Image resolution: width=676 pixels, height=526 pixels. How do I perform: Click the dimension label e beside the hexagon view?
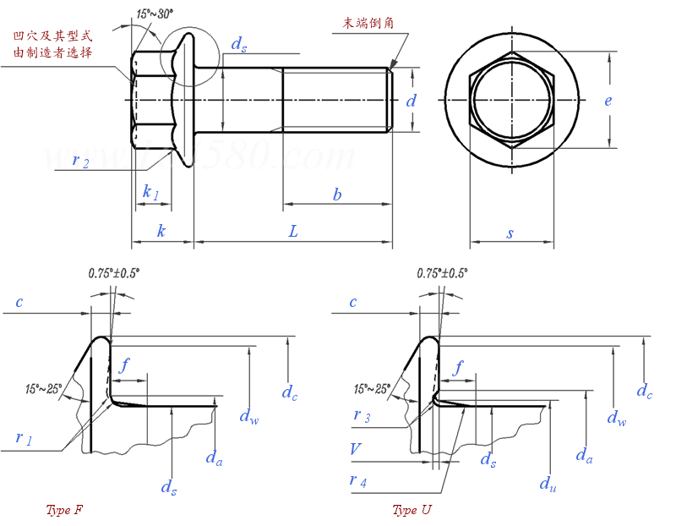[608, 101]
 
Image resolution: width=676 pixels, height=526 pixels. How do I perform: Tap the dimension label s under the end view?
[510, 233]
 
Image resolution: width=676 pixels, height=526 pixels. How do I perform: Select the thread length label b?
[337, 195]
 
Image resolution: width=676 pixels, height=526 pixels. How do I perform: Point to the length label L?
[293, 231]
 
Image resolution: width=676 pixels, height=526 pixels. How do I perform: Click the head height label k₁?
[150, 192]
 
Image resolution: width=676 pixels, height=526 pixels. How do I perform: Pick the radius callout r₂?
[81, 161]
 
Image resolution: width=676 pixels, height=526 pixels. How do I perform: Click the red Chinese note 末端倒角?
[368, 23]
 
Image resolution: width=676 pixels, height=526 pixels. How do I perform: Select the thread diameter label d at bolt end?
[412, 101]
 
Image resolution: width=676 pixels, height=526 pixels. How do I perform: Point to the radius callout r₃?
[362, 416]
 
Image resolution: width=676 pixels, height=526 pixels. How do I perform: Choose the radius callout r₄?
[358, 480]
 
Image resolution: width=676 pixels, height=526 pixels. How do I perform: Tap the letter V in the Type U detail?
[356, 450]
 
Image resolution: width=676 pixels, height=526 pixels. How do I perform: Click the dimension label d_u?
[548, 483]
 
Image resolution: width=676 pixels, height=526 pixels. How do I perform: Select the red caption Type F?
[64, 510]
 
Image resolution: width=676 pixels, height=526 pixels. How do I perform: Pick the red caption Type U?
[412, 510]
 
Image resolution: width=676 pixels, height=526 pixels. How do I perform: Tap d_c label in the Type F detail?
[289, 392]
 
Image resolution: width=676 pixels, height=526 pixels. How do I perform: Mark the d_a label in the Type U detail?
[584, 455]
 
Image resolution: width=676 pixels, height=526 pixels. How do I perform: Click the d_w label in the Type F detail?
[248, 415]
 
